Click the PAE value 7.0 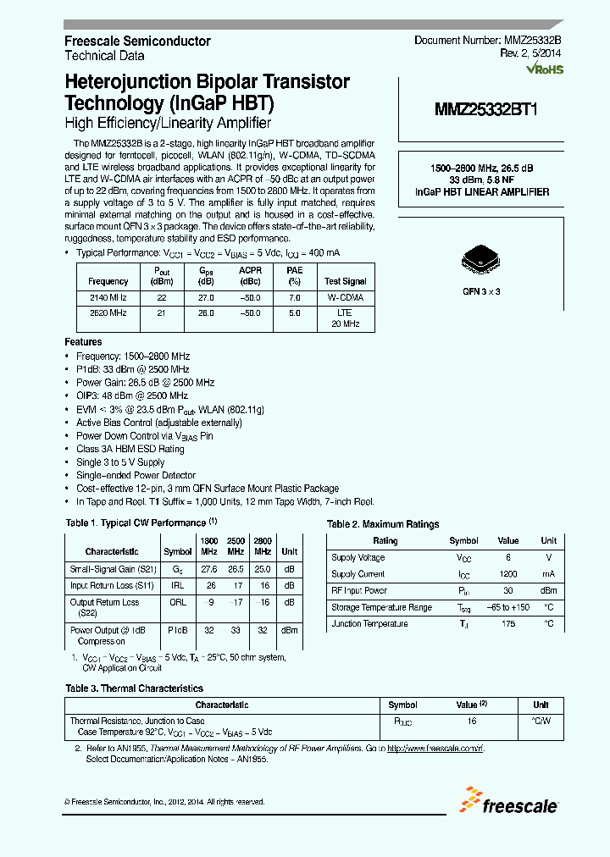pos(294,298)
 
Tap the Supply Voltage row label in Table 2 pos(358,557)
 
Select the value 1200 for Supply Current pos(508,574)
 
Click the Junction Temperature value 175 pos(508,624)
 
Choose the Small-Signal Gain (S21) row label pos(112,570)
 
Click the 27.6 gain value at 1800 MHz pos(209,570)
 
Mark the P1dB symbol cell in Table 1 pos(178,630)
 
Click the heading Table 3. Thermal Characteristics pos(134,688)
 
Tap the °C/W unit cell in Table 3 pos(541,721)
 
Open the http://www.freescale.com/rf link pos(435,749)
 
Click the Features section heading pos(83,341)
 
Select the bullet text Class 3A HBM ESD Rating pos(130,449)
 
